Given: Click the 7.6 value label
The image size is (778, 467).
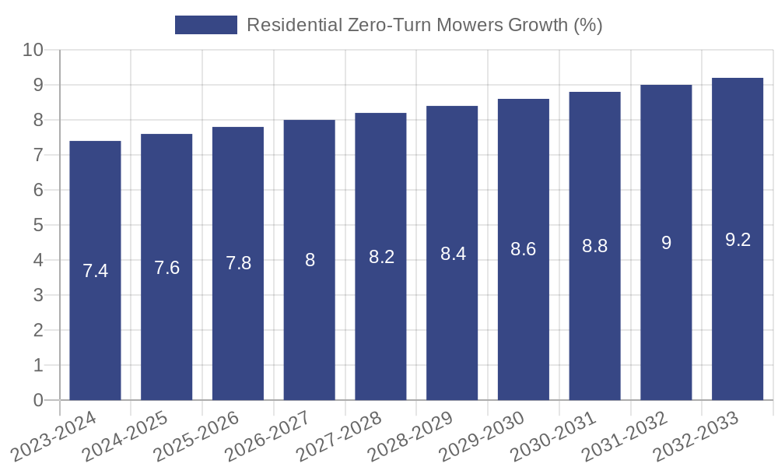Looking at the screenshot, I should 166,268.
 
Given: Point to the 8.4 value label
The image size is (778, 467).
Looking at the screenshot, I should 453,254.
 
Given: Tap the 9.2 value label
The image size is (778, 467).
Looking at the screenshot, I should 738,240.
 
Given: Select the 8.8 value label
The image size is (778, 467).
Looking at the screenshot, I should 595,247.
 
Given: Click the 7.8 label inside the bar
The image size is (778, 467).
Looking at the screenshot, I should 238,264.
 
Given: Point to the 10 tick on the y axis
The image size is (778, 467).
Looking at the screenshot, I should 33,50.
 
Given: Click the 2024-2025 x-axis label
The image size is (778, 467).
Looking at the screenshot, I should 125,437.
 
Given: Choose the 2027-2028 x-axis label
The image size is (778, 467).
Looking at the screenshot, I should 339,437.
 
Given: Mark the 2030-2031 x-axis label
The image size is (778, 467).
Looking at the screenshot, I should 554,437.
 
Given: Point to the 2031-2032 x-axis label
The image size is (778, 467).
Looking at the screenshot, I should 626,437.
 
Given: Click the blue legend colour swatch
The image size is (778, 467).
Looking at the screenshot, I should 206,25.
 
